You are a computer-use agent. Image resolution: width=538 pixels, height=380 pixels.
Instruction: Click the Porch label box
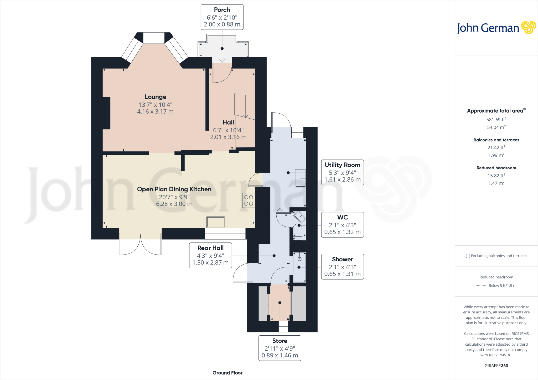pos(222,17)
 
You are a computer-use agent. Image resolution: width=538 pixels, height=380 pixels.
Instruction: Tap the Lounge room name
pos(156,97)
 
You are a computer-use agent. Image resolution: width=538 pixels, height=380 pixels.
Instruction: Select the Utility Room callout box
pos(343,172)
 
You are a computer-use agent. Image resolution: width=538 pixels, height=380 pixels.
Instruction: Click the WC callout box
pos(343,225)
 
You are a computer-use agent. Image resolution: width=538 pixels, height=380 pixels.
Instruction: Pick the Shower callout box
pos(343,267)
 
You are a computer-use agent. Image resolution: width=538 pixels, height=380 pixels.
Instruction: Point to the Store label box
pos(280,348)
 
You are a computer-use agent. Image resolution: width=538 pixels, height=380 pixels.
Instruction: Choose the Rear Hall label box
pos(210,255)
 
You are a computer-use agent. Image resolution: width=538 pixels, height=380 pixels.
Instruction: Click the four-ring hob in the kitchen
pos(249,200)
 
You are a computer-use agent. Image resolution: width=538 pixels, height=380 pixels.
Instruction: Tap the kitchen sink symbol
pos(216,222)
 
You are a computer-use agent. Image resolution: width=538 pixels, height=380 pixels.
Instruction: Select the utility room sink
pos(301,178)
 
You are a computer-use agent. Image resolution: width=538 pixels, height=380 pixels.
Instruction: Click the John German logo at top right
pos(496,28)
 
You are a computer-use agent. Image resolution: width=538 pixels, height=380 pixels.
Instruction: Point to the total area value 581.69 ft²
pos(496,119)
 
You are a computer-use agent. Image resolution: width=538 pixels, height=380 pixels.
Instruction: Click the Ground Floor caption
pos(227,373)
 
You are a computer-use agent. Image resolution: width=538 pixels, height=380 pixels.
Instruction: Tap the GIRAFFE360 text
pos(496,366)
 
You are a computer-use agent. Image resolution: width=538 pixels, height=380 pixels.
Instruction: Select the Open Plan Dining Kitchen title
pos(174,189)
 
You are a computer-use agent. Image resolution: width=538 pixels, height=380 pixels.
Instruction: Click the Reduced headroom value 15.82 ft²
pos(496,176)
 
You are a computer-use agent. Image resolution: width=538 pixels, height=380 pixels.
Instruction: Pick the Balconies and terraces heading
pos(496,140)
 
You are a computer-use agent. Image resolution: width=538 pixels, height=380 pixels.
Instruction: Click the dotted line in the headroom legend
pos(481,286)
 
